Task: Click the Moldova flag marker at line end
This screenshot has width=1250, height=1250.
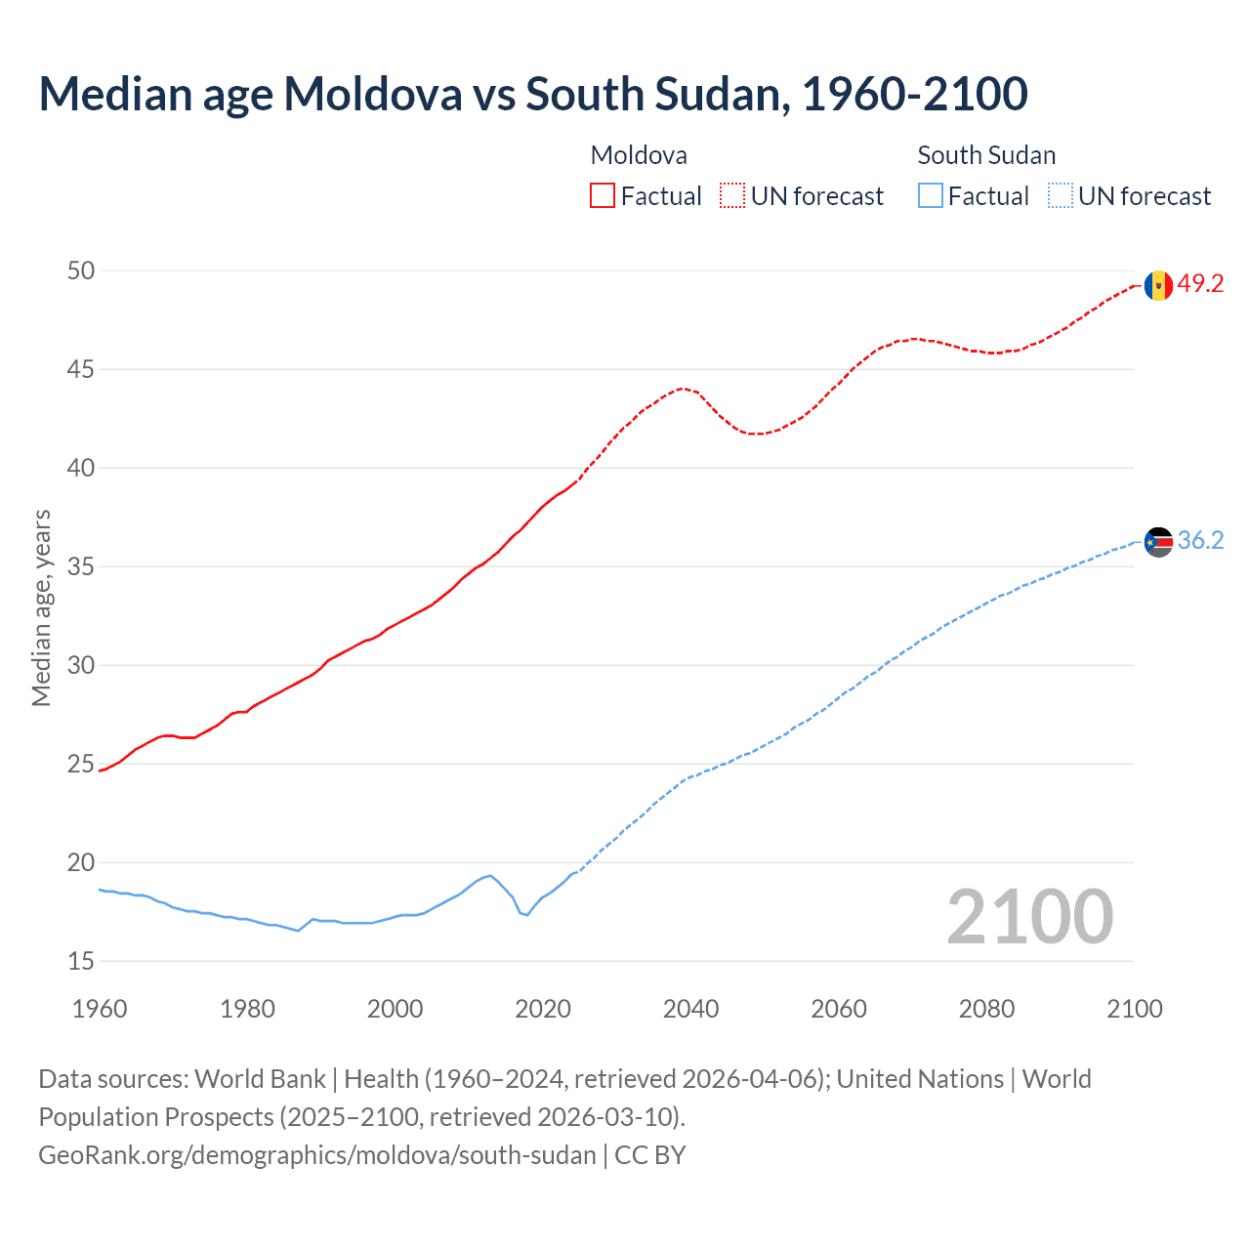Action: pyautogui.click(x=1158, y=285)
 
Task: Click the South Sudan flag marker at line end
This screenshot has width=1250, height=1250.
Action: pyautogui.click(x=1158, y=541)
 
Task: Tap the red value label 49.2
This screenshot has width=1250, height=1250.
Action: pyautogui.click(x=1200, y=284)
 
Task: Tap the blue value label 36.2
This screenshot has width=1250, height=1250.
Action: pyautogui.click(x=1200, y=541)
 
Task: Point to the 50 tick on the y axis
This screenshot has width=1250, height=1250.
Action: pyautogui.click(x=81, y=271)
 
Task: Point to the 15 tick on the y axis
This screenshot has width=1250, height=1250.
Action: pyautogui.click(x=81, y=961)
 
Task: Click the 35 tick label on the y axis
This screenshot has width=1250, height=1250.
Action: pyautogui.click(x=81, y=566)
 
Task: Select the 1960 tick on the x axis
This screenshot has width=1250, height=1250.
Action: pyautogui.click(x=100, y=1009)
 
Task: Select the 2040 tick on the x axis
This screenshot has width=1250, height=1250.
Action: pyautogui.click(x=690, y=1009)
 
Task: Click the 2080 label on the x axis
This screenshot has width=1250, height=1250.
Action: pyautogui.click(x=986, y=1009)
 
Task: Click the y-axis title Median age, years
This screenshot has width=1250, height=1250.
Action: pyautogui.click(x=41, y=607)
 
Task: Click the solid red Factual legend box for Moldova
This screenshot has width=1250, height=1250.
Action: pyautogui.click(x=603, y=196)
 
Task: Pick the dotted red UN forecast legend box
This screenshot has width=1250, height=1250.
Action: pyautogui.click(x=732, y=196)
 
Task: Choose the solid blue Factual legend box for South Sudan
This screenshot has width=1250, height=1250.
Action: pyautogui.click(x=931, y=196)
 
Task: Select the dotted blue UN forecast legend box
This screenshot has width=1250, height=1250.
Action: pyautogui.click(x=1060, y=196)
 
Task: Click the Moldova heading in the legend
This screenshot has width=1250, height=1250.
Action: pyautogui.click(x=639, y=155)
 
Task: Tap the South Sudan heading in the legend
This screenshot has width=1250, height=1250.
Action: pyautogui.click(x=986, y=155)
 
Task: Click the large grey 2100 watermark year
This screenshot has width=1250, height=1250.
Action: pyautogui.click(x=1029, y=916)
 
